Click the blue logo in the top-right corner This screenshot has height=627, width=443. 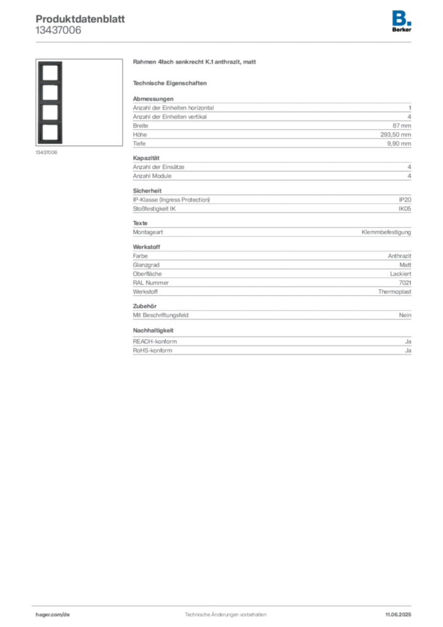click(402, 18)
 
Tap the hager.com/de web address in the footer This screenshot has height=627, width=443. click(53, 614)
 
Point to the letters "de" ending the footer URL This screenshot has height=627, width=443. click(67, 614)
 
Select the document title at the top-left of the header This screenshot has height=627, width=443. click(81, 17)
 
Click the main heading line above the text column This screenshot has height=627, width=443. click(196, 64)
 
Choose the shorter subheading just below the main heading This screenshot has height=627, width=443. click(171, 83)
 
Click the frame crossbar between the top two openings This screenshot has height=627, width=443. click(50, 83)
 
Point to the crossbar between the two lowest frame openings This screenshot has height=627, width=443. click(50, 122)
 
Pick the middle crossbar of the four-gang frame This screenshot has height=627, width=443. click(50, 102)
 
